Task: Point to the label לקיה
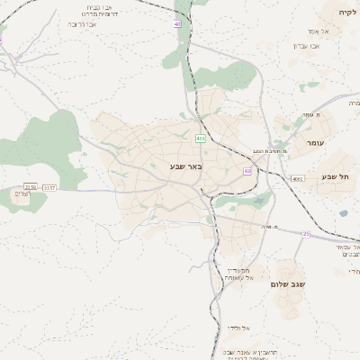tap(347, 12)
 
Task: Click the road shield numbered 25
tap(306, 234)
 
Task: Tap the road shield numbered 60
tap(247, 171)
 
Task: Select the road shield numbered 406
tap(200, 138)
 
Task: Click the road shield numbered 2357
tap(49, 187)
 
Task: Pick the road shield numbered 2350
tap(31, 187)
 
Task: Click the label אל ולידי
tap(238, 328)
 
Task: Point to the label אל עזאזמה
tap(238, 278)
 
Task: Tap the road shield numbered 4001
tap(298, 178)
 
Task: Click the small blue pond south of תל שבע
tap(343, 213)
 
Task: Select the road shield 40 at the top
tap(177, 24)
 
